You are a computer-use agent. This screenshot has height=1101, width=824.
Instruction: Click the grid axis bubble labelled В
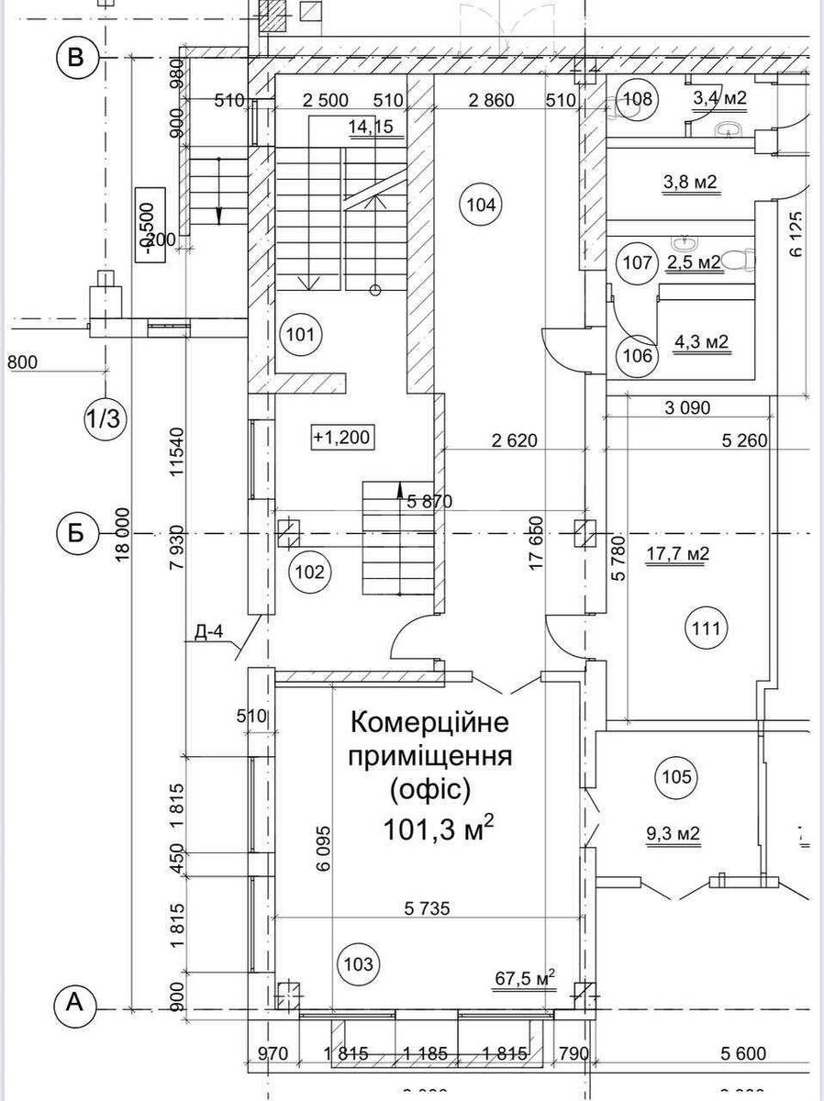coord(77,58)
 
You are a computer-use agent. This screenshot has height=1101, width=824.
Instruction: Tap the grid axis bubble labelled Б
coord(77,533)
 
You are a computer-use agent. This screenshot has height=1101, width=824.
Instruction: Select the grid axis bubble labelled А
coord(77,1006)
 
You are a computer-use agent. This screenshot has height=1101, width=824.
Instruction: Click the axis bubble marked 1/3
coord(104,419)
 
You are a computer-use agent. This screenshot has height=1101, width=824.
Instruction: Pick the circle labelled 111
coord(706,629)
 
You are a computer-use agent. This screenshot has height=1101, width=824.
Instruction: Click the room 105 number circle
coord(676,778)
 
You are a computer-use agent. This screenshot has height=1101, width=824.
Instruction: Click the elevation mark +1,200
coord(341,438)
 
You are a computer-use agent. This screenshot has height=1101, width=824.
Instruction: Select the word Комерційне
coord(429,723)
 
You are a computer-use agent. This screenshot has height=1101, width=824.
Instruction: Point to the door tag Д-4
coord(209,632)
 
